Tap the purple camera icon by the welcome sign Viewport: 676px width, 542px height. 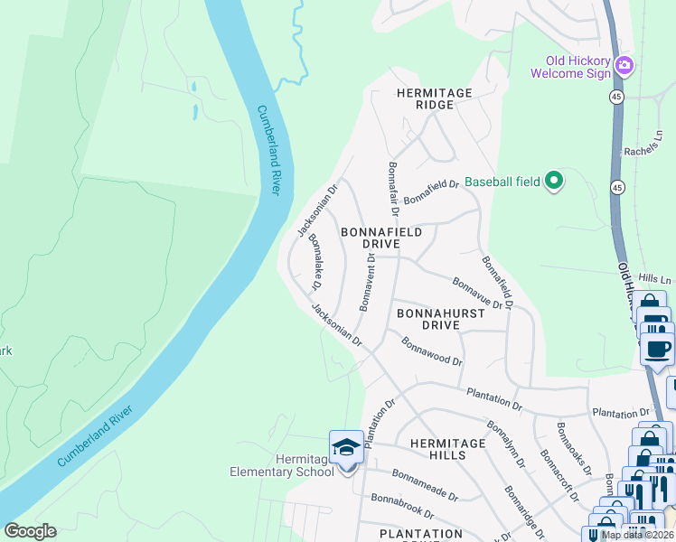click(624, 66)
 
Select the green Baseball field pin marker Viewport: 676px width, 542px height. click(555, 182)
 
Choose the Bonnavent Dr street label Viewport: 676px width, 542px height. click(368, 282)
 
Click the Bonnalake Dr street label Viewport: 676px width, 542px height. click(315, 262)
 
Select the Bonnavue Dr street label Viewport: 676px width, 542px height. click(477, 293)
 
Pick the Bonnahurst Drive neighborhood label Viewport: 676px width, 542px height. click(430, 318)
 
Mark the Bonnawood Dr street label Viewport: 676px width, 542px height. click(432, 351)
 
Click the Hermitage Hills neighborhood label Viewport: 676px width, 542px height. click(438, 449)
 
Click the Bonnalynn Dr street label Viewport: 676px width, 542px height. click(505, 444)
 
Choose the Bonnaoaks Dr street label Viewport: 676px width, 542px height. click(574, 449)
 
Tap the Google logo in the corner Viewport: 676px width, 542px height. click(30, 531)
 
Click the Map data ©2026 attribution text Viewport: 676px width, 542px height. click(637, 535)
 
